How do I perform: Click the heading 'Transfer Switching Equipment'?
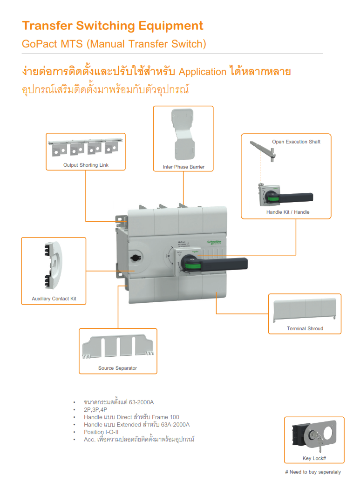tap(113, 26)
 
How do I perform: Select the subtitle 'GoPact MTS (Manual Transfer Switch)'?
tap(114, 44)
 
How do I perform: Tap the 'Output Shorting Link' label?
tap(86, 165)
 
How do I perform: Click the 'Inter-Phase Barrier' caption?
tap(183, 167)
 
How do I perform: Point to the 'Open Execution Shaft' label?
tap(296, 142)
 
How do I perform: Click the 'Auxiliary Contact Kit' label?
tap(54, 299)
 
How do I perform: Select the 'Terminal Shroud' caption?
tap(305, 328)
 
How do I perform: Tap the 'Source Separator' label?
tap(117, 368)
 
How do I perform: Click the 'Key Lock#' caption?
tap(314, 458)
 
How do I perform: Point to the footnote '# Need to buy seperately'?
tap(313, 472)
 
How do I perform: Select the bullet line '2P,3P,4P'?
tap(95, 409)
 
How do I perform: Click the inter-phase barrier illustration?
tap(183, 135)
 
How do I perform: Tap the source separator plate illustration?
tap(117, 346)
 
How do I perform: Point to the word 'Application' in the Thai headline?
tap(203, 72)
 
